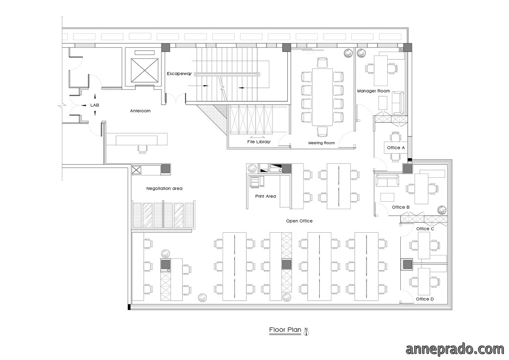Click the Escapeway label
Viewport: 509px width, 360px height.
pyautogui.click(x=179, y=74)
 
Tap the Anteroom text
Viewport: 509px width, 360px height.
pyautogui.click(x=140, y=111)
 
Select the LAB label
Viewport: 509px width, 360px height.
pyautogui.click(x=94, y=105)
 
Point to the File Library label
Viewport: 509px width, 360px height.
pyautogui.click(x=259, y=142)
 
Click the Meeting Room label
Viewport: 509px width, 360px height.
pyautogui.click(x=322, y=143)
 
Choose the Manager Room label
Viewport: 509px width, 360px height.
pyautogui.click(x=373, y=91)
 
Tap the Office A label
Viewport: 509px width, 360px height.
pyautogui.click(x=396, y=148)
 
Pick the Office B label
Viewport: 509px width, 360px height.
pyautogui.click(x=401, y=207)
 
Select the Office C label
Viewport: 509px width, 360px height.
pyautogui.click(x=425, y=229)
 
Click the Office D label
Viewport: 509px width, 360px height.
pyautogui.click(x=425, y=299)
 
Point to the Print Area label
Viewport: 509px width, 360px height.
pyautogui.click(x=266, y=196)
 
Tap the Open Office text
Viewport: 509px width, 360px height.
pyautogui.click(x=299, y=221)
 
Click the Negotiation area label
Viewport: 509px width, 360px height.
pyautogui.click(x=164, y=189)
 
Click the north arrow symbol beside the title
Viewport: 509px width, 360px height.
pyautogui.click(x=306, y=331)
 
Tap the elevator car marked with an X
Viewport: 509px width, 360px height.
pyautogui.click(x=144, y=71)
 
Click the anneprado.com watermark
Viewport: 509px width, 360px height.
pyautogui.click(x=455, y=349)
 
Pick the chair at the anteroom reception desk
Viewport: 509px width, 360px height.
pyautogui.click(x=142, y=149)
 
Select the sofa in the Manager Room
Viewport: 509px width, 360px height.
pyautogui.click(x=398, y=103)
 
